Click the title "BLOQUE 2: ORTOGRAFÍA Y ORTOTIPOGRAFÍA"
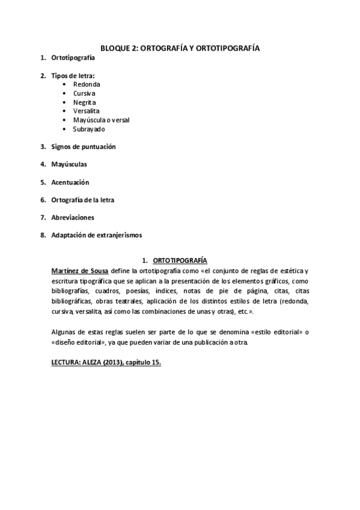[180, 47]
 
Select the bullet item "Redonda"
[87, 85]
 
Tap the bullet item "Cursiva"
[84, 94]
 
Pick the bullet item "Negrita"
[84, 102]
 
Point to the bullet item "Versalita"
[87, 111]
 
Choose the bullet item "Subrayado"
[88, 129]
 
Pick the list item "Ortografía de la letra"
[82, 199]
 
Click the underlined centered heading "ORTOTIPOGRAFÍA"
[180, 261]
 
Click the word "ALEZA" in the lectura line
[88, 364]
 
